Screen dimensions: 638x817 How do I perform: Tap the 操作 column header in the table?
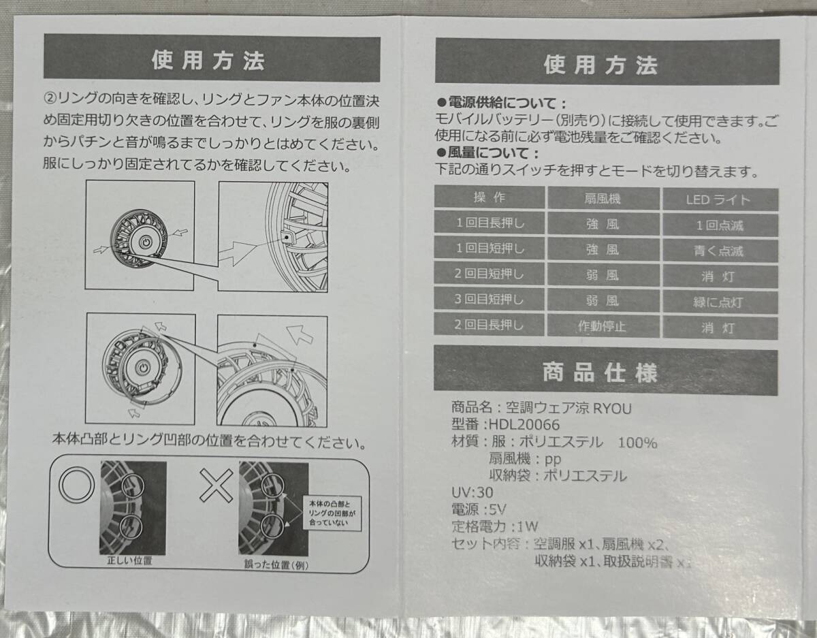click(x=489, y=198)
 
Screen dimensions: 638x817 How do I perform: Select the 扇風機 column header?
click(x=603, y=200)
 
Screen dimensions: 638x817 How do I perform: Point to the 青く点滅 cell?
click(x=719, y=251)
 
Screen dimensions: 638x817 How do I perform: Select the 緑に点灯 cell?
click(x=719, y=302)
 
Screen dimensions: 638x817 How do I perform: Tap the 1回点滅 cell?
click(x=719, y=225)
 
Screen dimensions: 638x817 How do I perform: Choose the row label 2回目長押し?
click(x=490, y=325)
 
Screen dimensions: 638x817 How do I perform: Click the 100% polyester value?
click(x=637, y=443)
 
